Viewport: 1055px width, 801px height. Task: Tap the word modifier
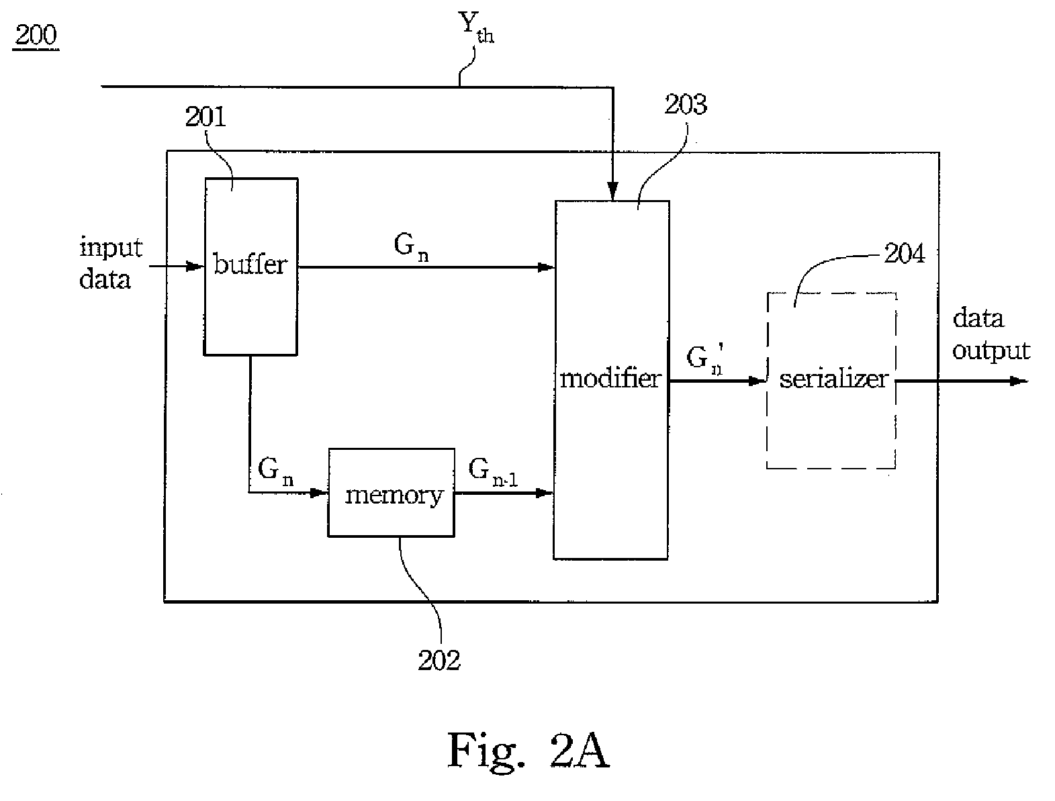click(611, 379)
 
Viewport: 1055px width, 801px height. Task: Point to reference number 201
click(205, 117)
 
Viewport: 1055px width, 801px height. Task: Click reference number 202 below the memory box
click(439, 660)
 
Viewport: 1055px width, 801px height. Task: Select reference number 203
click(686, 104)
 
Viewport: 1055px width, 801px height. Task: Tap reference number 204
click(905, 253)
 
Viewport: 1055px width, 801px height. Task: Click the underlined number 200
click(36, 35)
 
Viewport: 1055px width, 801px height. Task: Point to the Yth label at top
click(476, 28)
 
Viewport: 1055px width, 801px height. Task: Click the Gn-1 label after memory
click(493, 472)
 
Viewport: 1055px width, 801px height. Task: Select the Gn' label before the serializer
click(705, 359)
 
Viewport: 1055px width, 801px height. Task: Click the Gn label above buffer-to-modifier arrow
click(411, 248)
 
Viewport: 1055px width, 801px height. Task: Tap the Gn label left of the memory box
click(275, 472)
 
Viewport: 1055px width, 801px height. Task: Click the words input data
click(111, 263)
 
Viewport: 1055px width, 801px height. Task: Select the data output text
click(991, 334)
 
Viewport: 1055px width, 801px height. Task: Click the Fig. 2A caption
click(529, 751)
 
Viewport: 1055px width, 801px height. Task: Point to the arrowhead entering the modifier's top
click(612, 191)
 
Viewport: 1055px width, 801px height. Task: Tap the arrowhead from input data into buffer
click(195, 266)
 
